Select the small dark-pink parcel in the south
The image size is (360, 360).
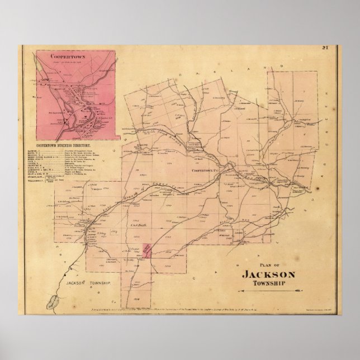pos(147,249)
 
